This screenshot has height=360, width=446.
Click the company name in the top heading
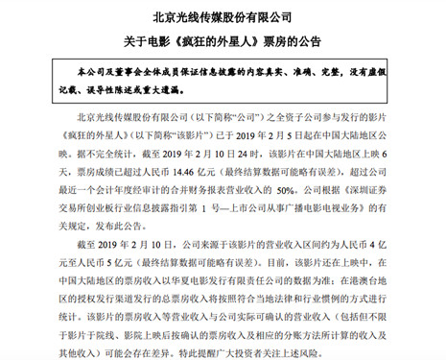(223, 16)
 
